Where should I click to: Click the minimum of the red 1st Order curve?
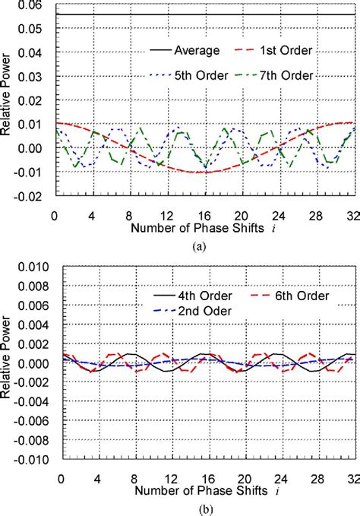coord(203,172)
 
